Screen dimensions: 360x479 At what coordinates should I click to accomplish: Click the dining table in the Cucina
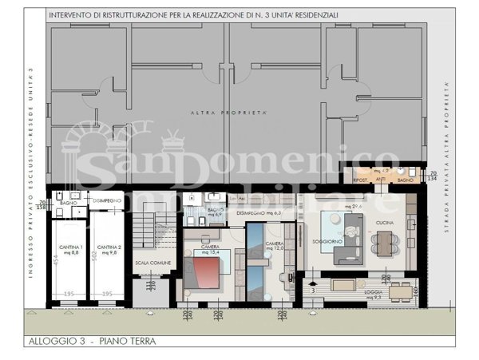tap(384, 239)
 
